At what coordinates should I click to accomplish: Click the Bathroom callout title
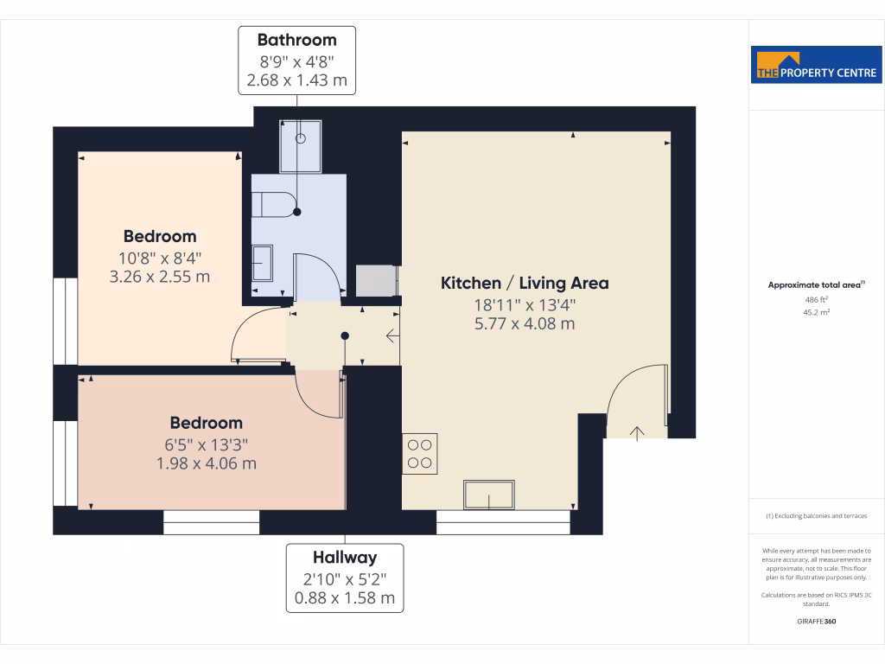click(296, 40)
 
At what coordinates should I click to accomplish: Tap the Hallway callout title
click(345, 558)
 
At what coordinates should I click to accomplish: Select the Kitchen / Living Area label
click(525, 283)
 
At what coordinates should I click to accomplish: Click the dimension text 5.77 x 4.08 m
click(525, 324)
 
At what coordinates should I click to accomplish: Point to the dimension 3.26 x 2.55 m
click(160, 278)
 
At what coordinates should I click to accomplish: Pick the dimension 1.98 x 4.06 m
click(206, 463)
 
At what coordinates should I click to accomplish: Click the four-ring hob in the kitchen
click(419, 455)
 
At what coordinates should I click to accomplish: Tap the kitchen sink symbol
click(489, 495)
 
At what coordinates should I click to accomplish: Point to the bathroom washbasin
click(263, 262)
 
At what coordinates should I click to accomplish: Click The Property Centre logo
click(817, 65)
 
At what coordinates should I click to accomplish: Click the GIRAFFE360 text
click(817, 621)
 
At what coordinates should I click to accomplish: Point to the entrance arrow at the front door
click(638, 432)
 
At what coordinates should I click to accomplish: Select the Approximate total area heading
click(817, 284)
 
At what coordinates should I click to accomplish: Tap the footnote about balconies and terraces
click(817, 516)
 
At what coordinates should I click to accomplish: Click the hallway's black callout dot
click(345, 335)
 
